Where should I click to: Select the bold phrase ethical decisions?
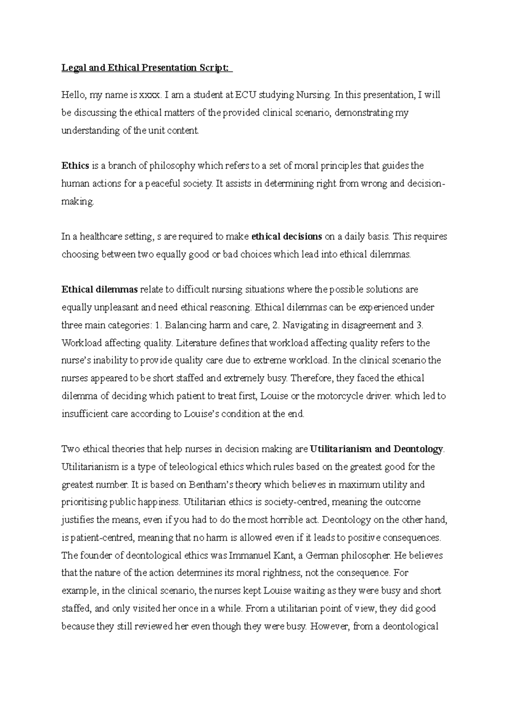point(287,237)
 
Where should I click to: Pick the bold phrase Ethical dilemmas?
point(100,290)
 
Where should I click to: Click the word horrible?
point(288,520)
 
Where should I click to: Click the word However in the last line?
point(330,626)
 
